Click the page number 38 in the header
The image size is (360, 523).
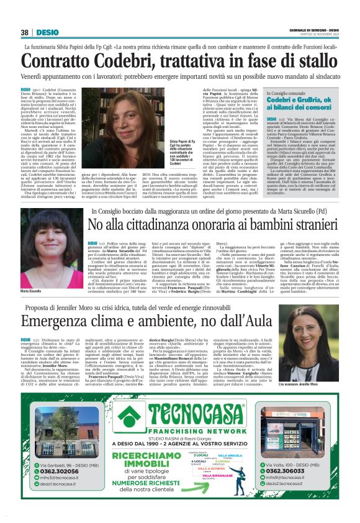coord(24,32)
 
